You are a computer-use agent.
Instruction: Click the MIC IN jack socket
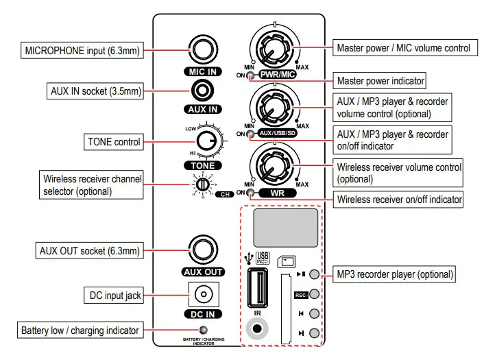click(204, 50)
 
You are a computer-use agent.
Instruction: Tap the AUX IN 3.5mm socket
click(204, 90)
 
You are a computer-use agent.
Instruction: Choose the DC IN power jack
click(204, 296)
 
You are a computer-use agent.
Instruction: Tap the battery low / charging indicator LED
click(204, 331)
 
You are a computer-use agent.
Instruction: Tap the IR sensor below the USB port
click(258, 328)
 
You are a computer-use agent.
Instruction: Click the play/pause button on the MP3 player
click(315, 274)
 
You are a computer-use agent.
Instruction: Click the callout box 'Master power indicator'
click(380, 81)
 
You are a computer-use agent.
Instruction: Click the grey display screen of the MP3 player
click(286, 227)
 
